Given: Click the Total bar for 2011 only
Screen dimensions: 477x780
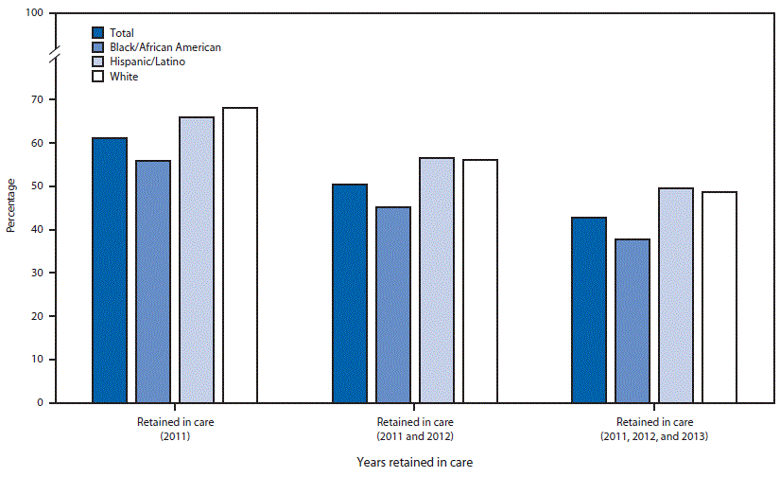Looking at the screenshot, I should [x=110, y=271].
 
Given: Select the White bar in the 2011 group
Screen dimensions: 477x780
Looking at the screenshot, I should [x=239, y=256].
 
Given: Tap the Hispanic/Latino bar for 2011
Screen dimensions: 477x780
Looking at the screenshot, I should [x=196, y=260].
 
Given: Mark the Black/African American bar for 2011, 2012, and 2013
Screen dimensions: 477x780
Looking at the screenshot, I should [x=633, y=321].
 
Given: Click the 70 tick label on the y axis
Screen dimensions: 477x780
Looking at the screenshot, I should [x=37, y=99].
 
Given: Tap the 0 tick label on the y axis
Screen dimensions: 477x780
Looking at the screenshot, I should [x=40, y=403].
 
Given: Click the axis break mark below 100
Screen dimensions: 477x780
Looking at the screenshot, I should [x=54, y=56].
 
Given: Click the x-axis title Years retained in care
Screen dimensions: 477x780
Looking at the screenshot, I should [x=415, y=462].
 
